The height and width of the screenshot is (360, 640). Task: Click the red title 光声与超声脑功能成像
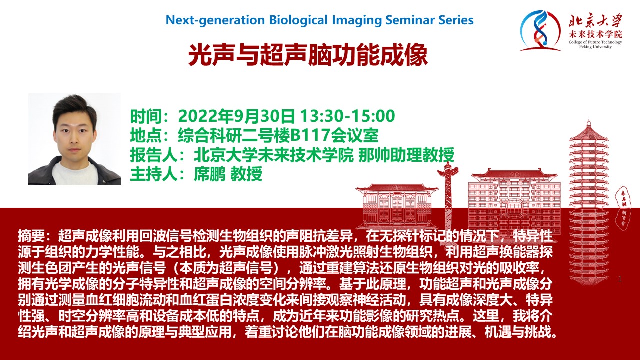(308, 55)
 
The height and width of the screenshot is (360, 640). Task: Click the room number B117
(310, 135)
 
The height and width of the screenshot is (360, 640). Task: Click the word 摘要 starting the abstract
(31, 236)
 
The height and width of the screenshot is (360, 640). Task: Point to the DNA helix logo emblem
(539, 31)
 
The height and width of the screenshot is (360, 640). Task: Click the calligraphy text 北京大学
(595, 20)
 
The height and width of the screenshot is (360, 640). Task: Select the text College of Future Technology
(595, 42)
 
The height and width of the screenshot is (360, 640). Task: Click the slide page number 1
(619, 279)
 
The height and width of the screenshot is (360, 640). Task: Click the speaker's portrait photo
(74, 139)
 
